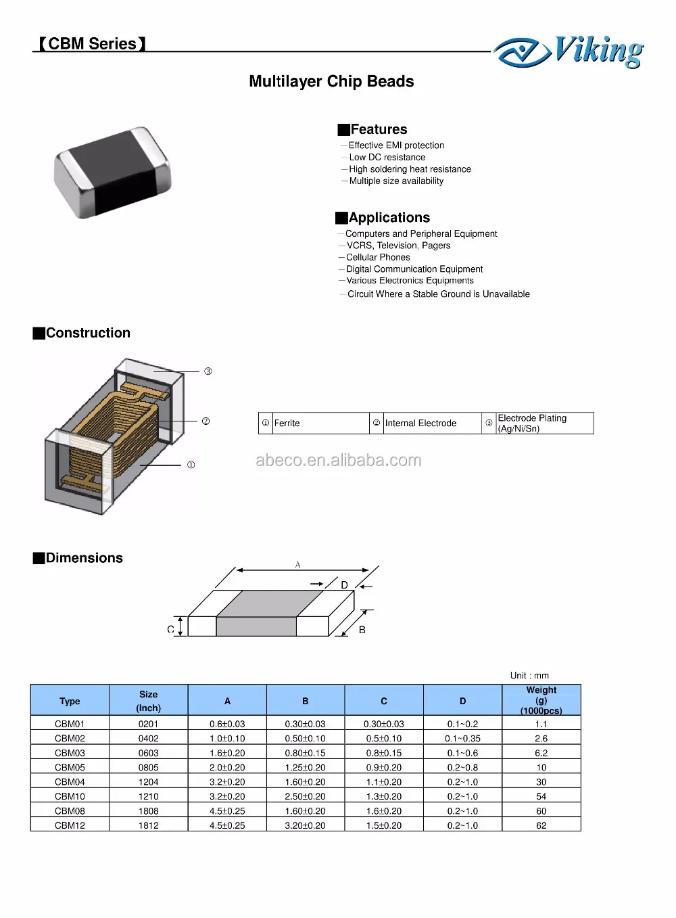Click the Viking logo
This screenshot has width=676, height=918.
point(569,52)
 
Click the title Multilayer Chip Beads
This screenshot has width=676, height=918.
point(331,82)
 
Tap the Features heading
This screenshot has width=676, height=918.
point(378,129)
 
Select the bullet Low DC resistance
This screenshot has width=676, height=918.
point(387,157)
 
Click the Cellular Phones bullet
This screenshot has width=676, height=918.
point(378,257)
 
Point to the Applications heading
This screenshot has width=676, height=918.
point(389,217)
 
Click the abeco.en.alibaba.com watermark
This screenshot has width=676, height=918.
point(338,461)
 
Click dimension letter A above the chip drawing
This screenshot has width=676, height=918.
point(297,564)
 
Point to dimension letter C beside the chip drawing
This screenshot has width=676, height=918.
point(170,629)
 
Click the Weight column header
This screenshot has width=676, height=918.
point(541,700)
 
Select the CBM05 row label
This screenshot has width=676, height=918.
point(70,767)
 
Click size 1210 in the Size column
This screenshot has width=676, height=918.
point(148,796)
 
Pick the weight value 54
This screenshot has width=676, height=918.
point(541,796)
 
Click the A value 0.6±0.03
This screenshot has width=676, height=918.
point(227,724)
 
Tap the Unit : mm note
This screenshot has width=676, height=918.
point(529,675)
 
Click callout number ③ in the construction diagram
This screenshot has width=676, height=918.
point(208,371)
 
